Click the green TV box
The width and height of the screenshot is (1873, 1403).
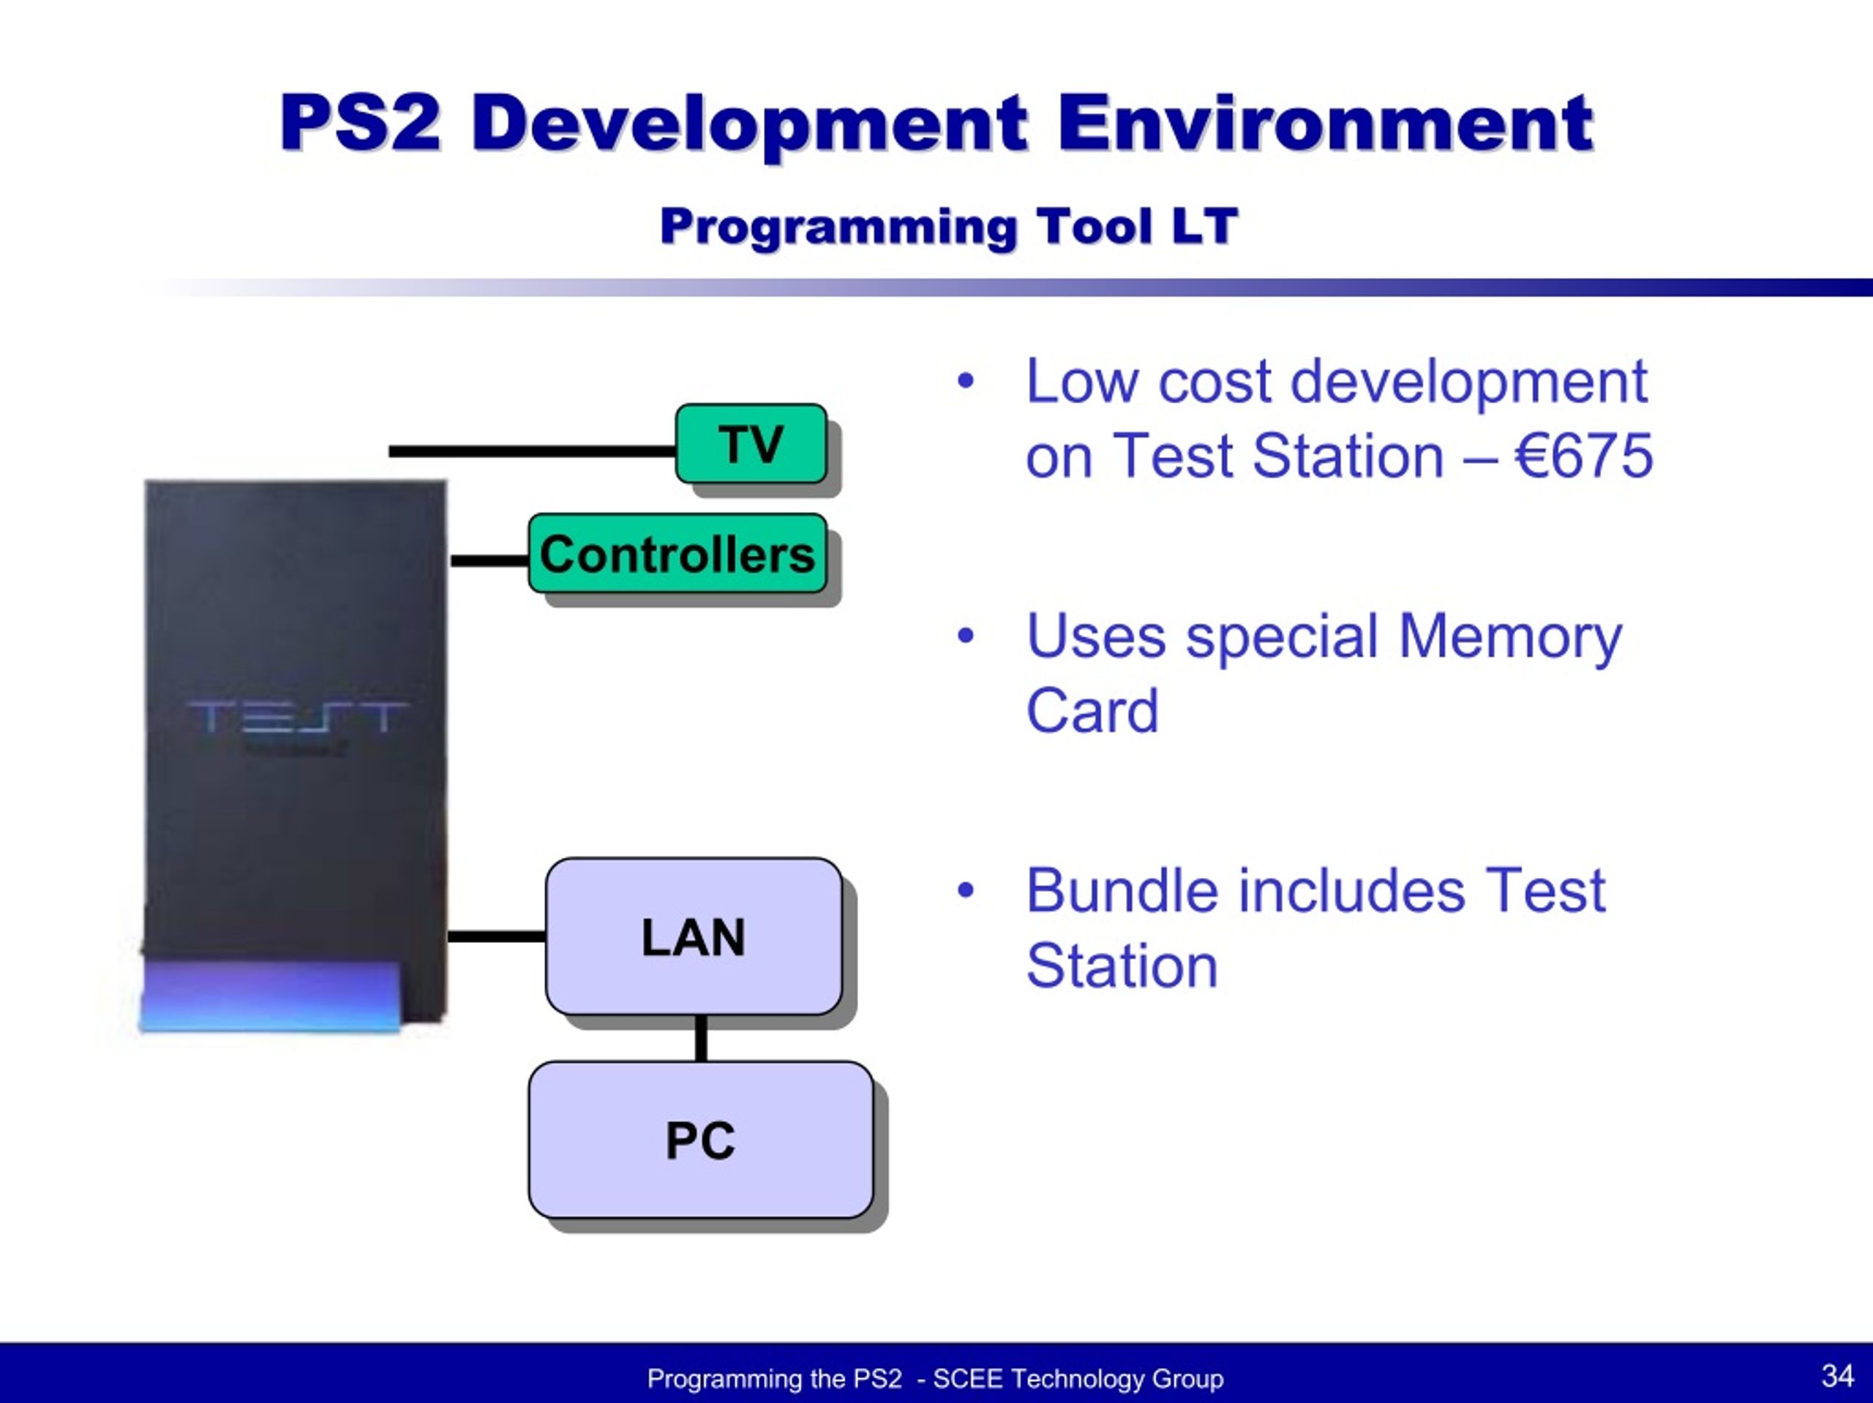point(751,444)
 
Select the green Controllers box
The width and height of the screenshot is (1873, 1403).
point(677,553)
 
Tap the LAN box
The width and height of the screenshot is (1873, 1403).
point(694,936)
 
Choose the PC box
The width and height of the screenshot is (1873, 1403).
point(700,1140)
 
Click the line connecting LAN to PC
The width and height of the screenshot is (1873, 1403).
point(701,1038)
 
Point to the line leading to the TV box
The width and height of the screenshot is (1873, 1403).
point(533,451)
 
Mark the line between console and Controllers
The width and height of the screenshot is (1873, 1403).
point(489,560)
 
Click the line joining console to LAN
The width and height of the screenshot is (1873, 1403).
point(496,936)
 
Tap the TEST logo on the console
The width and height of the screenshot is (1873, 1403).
point(296,718)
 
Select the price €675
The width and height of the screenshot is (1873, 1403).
point(1583,456)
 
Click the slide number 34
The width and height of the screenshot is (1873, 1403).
point(1837,1375)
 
